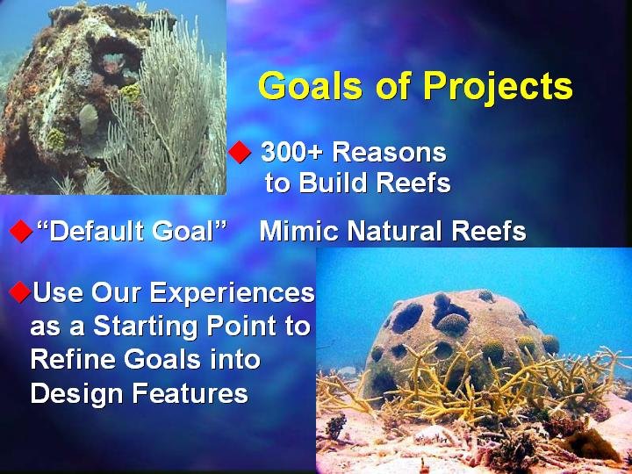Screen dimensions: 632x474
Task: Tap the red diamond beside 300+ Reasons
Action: pyautogui.click(x=240, y=153)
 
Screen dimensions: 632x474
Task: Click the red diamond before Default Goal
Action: pyautogui.click(x=21, y=232)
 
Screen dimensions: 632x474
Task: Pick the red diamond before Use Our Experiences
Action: pyautogui.click(x=19, y=292)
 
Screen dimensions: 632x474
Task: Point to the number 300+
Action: pyautogui.click(x=292, y=153)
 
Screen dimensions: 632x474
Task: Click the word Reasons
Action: pyautogui.click(x=390, y=153)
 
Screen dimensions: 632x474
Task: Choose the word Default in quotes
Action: pyautogui.click(x=94, y=232)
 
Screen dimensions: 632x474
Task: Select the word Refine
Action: pyautogui.click(x=74, y=359)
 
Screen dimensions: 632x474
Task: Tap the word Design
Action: pyautogui.click(x=76, y=393)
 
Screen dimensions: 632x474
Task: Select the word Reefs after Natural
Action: pyautogui.click(x=489, y=232)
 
